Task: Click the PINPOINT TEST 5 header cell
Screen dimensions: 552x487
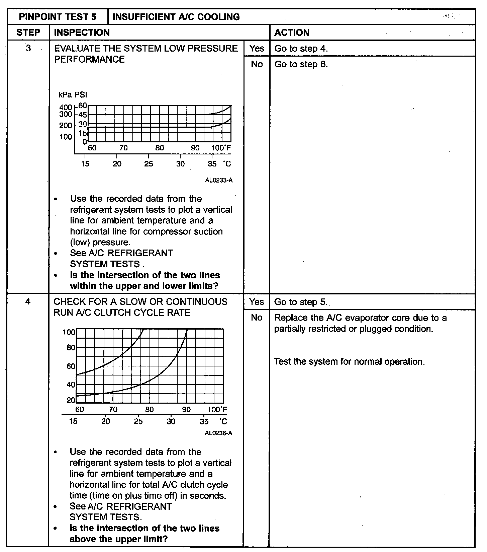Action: (x=58, y=17)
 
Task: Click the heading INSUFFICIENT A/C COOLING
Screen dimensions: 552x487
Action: (x=176, y=17)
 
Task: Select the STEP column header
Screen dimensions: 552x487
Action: (x=28, y=32)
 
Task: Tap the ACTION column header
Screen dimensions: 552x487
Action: (x=292, y=32)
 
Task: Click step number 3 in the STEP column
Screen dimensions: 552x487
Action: (x=28, y=48)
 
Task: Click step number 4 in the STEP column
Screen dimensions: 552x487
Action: (x=28, y=301)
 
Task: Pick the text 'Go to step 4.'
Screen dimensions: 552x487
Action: (x=301, y=49)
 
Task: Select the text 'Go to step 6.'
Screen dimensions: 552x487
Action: (x=301, y=64)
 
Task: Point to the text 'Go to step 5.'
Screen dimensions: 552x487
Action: (x=301, y=302)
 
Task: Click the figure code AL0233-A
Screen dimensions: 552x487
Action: (x=219, y=180)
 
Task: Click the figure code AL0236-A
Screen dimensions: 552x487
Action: (x=218, y=433)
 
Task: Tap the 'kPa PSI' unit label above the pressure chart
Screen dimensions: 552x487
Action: (x=73, y=95)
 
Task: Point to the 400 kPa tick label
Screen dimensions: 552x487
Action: (x=66, y=107)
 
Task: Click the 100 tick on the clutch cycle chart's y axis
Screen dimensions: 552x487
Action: (x=69, y=332)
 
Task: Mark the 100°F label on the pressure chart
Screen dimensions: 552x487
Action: (x=221, y=148)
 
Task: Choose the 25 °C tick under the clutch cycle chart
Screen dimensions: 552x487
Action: (x=138, y=421)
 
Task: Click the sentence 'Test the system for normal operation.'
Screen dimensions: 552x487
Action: (x=349, y=362)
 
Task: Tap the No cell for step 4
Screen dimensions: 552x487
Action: (x=257, y=318)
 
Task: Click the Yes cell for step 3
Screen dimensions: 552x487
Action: (x=257, y=48)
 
